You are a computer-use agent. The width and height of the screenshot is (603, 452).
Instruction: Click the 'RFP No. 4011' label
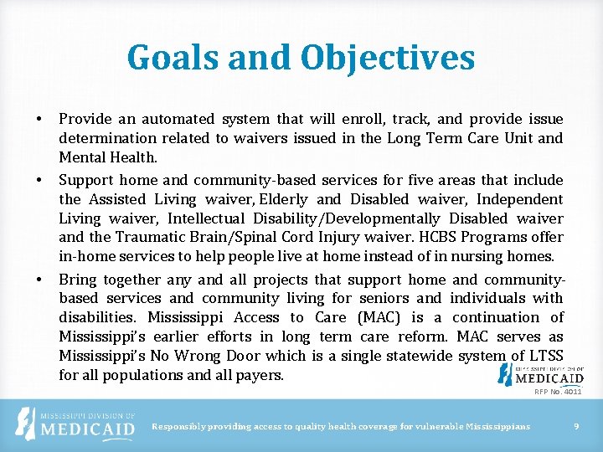point(558,391)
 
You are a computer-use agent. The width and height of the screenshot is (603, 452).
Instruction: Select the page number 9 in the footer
point(576,427)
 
